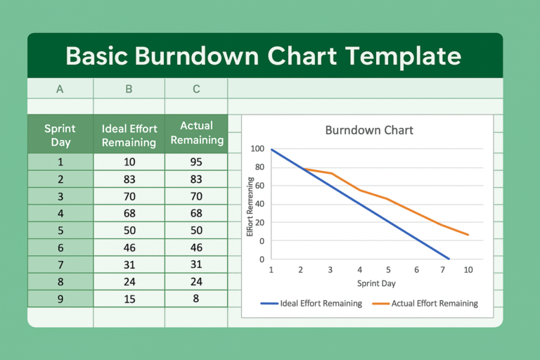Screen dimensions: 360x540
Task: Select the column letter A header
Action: coord(60,89)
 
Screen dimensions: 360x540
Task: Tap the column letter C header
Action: coord(196,89)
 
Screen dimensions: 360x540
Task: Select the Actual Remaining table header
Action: coord(196,133)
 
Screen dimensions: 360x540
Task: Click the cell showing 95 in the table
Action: coord(196,162)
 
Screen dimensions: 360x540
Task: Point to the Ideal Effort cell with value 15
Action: coord(129,298)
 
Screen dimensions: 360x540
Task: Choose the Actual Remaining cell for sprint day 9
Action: coord(196,298)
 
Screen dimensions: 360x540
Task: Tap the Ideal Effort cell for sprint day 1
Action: coord(129,162)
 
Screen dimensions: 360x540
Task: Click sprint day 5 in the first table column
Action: coord(60,230)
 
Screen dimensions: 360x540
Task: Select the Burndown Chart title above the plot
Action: coord(369,130)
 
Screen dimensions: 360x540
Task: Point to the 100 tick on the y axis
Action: coord(257,149)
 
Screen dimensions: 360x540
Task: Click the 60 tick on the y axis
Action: coord(259,186)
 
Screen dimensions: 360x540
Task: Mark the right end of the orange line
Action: coord(468,235)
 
